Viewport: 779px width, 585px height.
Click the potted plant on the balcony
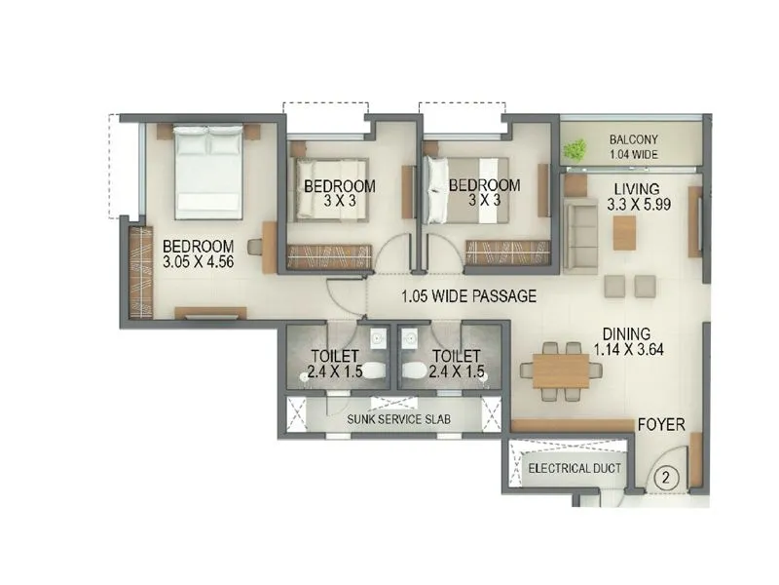576,149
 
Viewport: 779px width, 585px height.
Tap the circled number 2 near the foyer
665,478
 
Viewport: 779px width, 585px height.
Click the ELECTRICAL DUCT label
574,469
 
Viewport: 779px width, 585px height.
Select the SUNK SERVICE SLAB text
394,418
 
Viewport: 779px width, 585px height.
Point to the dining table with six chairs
562,370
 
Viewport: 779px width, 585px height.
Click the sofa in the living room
580,234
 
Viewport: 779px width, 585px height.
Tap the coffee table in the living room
624,232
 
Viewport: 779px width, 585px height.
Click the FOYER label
661,425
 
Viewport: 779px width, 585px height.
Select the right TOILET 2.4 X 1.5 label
457,364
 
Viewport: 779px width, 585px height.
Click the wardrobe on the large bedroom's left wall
141,272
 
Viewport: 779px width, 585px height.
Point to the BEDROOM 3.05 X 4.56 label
198,253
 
